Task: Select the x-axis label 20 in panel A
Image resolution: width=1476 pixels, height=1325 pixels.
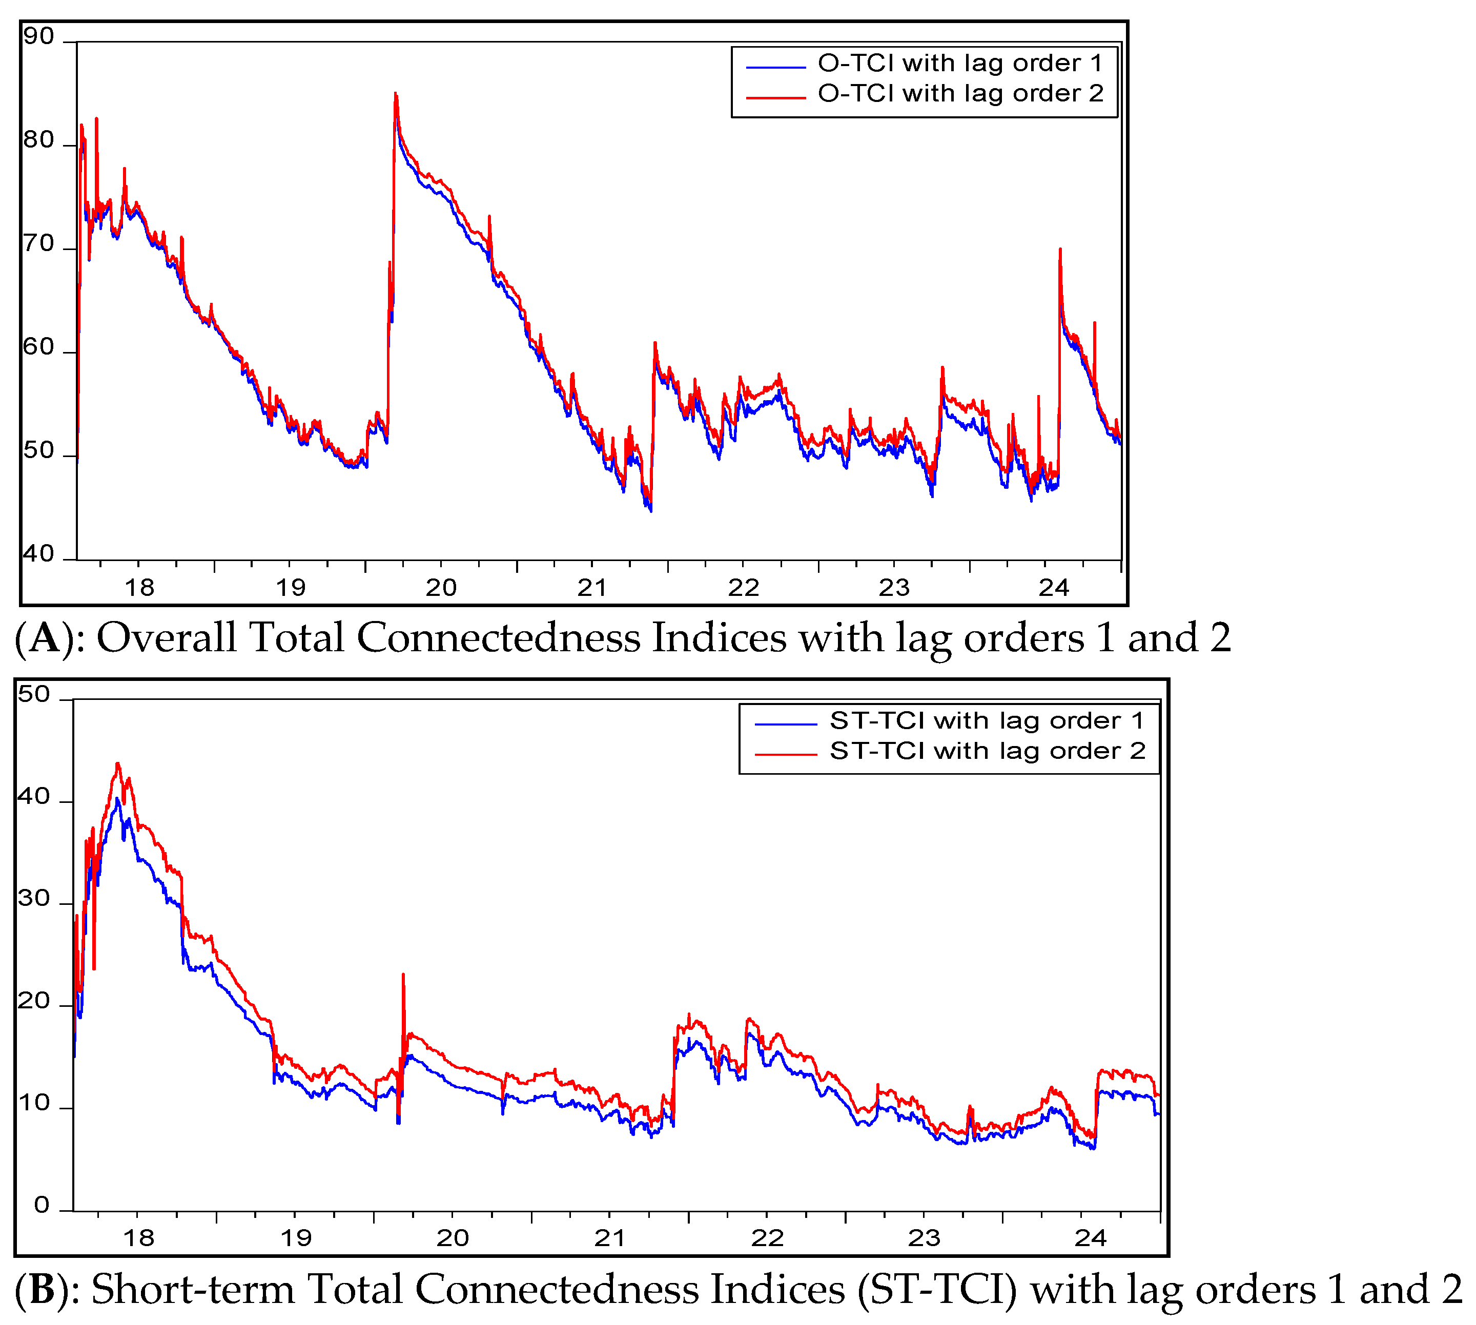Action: tap(441, 588)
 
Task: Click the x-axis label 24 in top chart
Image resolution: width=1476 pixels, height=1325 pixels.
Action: tap(1053, 588)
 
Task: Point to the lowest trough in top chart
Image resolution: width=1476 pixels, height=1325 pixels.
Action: tap(650, 510)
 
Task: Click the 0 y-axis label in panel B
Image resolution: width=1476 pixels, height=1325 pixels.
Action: tap(42, 1206)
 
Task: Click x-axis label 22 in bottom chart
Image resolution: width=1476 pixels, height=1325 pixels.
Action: tap(767, 1238)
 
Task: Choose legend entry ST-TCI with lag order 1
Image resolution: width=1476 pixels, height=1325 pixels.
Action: tap(986, 721)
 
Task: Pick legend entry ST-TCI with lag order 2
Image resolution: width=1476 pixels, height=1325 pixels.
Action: tap(986, 751)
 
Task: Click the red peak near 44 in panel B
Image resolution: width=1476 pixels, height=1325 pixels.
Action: tap(117, 764)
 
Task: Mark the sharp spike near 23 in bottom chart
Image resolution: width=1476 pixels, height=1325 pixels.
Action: tap(403, 975)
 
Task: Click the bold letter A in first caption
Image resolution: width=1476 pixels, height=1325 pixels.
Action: tap(45, 638)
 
